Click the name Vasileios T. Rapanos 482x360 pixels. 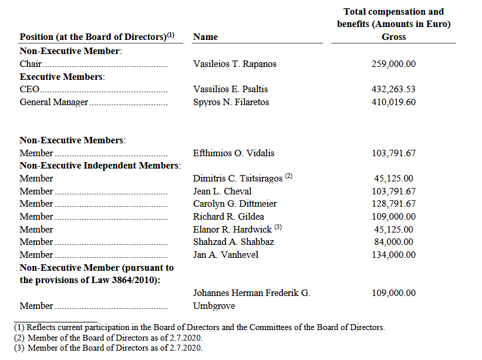tap(234, 64)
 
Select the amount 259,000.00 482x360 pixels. tap(393, 64)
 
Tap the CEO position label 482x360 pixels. tap(29, 89)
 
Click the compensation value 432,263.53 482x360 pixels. tap(393, 89)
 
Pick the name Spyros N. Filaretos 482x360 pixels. tap(231, 102)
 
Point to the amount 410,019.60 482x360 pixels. tap(393, 102)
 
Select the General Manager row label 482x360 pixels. tap(53, 102)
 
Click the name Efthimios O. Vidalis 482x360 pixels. tap(234, 153)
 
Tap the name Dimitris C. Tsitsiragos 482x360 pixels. tap(238, 179)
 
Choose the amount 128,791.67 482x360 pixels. tap(393, 204)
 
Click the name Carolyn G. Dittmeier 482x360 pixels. tap(235, 204)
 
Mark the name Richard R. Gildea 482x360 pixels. tap(228, 217)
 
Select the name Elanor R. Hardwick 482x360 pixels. tap(232, 230)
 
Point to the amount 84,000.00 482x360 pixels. tap(393, 242)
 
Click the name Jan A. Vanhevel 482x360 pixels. tap(225, 255)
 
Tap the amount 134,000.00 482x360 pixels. tap(393, 255)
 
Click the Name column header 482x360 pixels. tap(205, 36)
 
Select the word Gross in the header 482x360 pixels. tap(393, 36)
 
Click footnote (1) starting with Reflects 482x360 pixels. tap(200, 327)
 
